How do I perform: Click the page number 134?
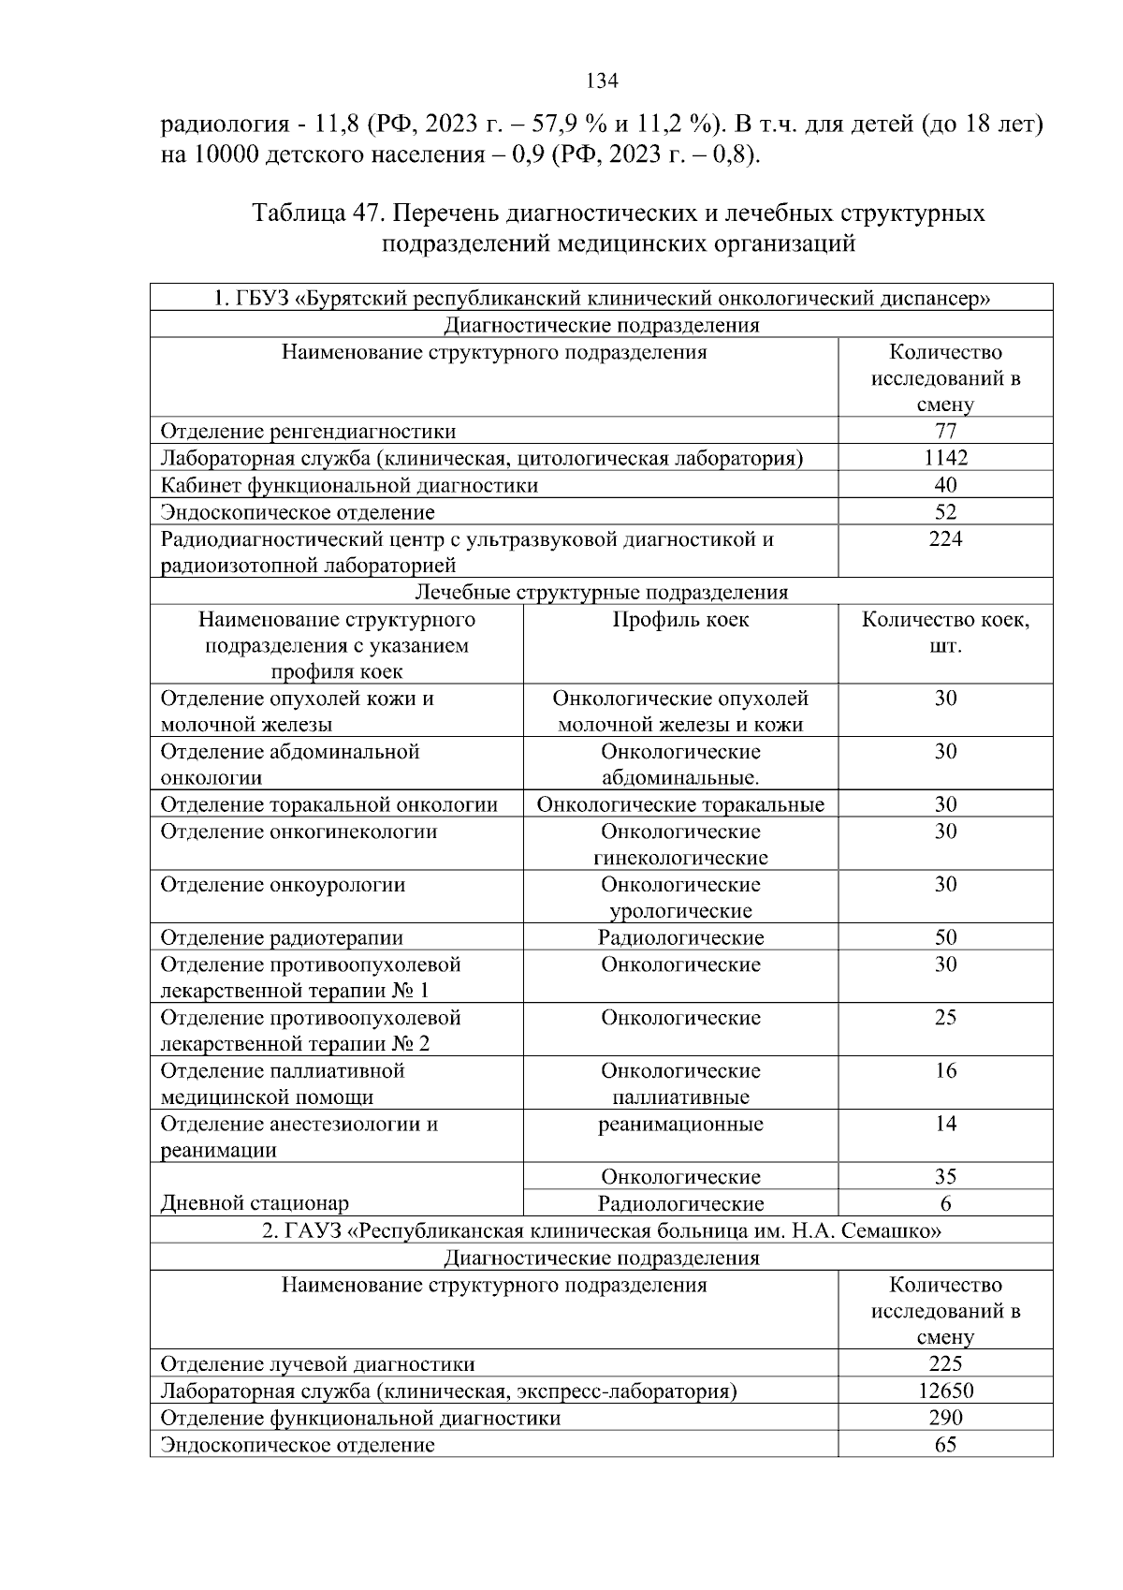602,81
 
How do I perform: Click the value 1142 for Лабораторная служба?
945,458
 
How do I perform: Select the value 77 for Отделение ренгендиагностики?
945,431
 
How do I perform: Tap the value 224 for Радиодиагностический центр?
945,539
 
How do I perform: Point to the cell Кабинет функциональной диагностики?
349,485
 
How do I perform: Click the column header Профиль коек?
680,620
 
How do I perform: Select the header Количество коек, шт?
945,633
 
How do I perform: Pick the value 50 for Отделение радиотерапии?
945,937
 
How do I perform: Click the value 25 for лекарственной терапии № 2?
945,1018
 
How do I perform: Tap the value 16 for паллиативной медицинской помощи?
945,1071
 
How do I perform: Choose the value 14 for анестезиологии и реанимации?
945,1125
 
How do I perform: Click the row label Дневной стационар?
255,1203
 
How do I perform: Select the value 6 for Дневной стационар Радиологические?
945,1204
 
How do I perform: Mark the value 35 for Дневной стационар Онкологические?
945,1177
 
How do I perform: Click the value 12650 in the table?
945,1391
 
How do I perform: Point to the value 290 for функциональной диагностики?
945,1418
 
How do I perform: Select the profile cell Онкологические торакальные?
680,805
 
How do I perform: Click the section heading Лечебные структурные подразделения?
601,593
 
